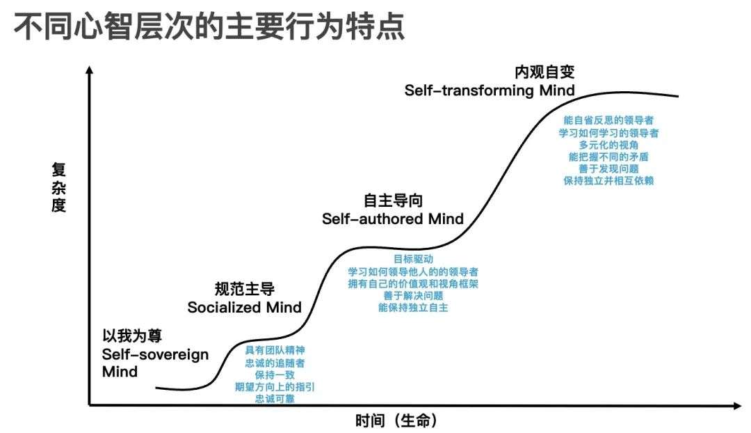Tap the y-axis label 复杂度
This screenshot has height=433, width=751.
coord(58,187)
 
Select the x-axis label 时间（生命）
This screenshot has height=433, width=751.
coord(396,420)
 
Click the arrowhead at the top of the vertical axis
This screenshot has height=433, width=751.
coord(89,70)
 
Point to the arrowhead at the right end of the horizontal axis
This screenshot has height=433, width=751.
coord(737,406)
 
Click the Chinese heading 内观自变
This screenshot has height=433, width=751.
coord(544,72)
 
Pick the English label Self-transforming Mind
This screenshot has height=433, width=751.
coord(490,90)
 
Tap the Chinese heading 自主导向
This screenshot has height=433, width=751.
coord(393,200)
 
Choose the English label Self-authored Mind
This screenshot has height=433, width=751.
coord(393,219)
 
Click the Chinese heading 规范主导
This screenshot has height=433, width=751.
coord(244,289)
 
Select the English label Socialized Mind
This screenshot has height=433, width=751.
coord(244,307)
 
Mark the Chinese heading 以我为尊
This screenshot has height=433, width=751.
coord(132,336)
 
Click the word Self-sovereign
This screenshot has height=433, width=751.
coord(155,355)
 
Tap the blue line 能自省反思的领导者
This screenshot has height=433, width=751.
coord(608,120)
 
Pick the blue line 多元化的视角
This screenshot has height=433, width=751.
coord(608,145)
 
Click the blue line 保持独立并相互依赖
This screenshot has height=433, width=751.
coord(608,181)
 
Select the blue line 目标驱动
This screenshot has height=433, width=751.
coord(413,260)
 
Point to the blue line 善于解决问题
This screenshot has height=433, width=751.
coord(413,296)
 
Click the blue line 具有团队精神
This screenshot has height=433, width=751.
coord(275,351)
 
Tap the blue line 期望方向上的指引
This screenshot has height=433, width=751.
coord(275,387)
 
